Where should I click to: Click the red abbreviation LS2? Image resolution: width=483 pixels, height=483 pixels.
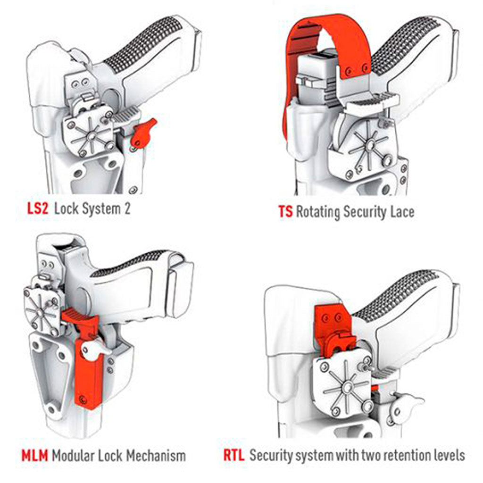(38, 209)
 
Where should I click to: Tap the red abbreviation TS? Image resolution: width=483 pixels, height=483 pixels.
(285, 212)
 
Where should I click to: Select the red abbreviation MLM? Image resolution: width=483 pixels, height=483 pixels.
(34, 456)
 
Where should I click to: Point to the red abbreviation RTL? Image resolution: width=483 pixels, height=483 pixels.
(234, 455)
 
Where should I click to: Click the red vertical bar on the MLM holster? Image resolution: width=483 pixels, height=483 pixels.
(89, 373)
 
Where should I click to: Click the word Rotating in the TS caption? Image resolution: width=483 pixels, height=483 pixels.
(318, 212)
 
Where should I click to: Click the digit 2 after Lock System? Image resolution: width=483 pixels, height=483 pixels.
(127, 209)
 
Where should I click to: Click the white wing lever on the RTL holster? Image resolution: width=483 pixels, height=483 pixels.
(406, 406)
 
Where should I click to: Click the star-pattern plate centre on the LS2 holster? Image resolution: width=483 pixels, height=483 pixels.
(91, 135)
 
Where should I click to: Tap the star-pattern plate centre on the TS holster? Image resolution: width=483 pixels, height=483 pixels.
(370, 145)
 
